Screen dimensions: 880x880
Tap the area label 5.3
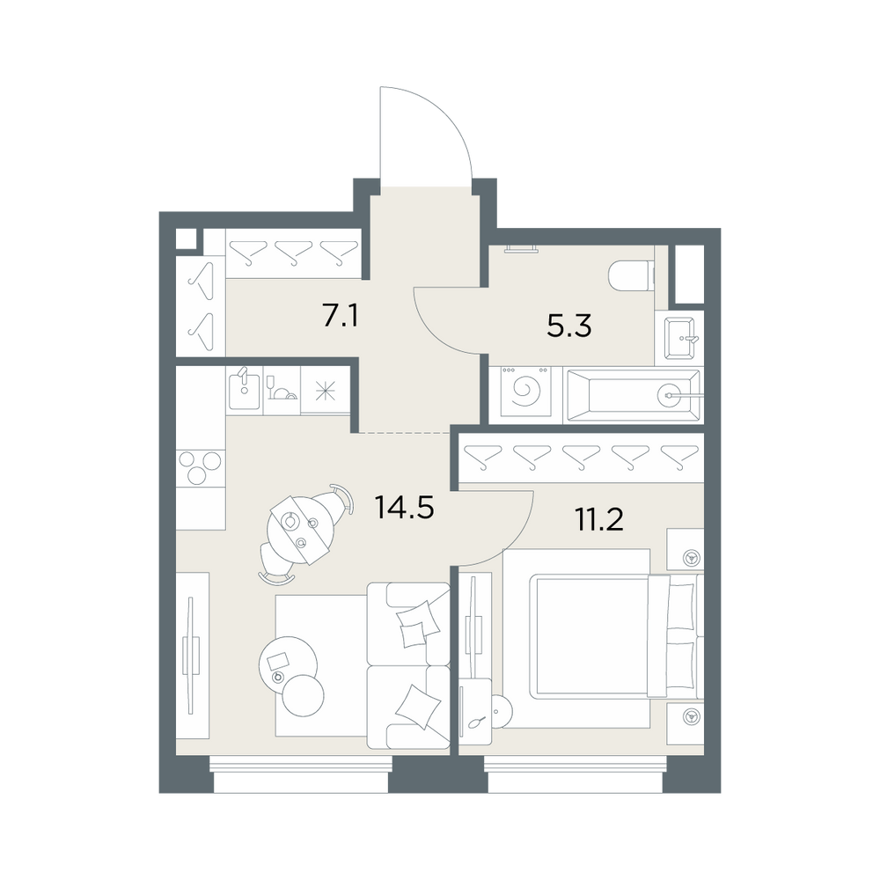pos(569,326)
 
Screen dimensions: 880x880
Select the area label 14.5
pos(404,509)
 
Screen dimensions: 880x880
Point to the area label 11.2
pos(598,520)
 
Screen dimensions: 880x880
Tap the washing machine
pos(526,392)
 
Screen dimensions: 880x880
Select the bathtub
pos(634,395)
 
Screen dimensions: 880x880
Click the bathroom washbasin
pos(679,338)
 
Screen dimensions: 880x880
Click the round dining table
pos(297,529)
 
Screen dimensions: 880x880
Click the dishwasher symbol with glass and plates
pos(282,390)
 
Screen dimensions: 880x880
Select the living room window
pos(301,774)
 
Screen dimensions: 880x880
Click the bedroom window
pos(576,774)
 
